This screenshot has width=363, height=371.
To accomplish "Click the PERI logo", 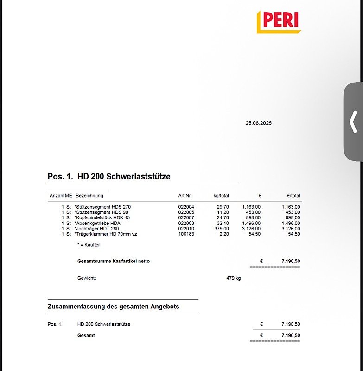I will tap(279, 21).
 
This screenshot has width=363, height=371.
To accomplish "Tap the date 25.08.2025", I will tap(258, 123).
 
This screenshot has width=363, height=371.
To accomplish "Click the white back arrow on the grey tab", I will tap(353, 122).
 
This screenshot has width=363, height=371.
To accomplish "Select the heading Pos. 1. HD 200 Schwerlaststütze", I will tap(109, 177).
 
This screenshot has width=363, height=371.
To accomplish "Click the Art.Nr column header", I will tap(185, 196).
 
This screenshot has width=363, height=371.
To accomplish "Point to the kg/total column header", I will tap(221, 196).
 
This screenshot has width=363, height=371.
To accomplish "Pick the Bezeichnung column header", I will tap(89, 196).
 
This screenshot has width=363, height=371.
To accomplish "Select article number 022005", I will tap(186, 212).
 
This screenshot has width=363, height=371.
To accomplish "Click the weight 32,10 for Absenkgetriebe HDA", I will tap(223, 223).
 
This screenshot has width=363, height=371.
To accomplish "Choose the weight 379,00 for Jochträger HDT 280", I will tap(221, 229).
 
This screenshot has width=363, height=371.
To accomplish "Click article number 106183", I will tap(186, 234).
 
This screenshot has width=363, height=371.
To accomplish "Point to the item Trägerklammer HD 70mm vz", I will tap(106, 234).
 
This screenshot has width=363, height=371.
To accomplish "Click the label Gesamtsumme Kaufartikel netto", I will tap(113, 262).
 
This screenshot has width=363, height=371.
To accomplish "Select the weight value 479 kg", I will tap(233, 278).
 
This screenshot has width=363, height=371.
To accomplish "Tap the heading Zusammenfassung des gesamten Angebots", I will tap(113, 307).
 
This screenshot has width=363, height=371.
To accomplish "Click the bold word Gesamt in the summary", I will tap(86, 335).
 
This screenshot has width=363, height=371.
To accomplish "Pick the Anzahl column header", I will tap(57, 196).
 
